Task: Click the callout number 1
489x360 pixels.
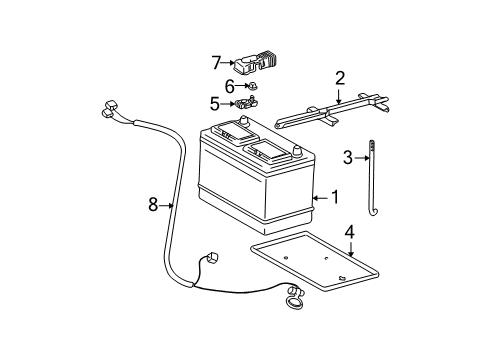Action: click(x=335, y=197)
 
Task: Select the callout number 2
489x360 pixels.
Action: click(x=340, y=78)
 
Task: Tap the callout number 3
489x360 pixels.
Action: click(x=348, y=157)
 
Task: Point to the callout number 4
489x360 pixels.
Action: click(x=350, y=232)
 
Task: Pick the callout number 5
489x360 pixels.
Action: click(x=215, y=104)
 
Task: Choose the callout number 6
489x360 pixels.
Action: click(x=230, y=87)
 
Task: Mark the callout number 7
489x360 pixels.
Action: click(x=217, y=62)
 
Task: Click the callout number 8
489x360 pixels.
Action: click(x=153, y=204)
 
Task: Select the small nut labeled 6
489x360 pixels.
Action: click(x=252, y=86)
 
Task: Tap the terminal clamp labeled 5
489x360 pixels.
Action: click(x=247, y=103)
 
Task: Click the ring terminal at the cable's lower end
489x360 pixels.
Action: click(x=293, y=301)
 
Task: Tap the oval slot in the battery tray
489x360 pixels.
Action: click(x=342, y=277)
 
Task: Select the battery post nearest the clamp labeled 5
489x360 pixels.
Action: click(x=245, y=121)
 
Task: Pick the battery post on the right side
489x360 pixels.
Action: click(x=297, y=151)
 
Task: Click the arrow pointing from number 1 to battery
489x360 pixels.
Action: click(x=321, y=198)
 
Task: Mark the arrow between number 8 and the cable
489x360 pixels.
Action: click(x=166, y=205)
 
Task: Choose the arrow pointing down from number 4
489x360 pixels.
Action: click(x=351, y=249)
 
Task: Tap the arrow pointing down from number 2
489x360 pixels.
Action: click(x=339, y=96)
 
